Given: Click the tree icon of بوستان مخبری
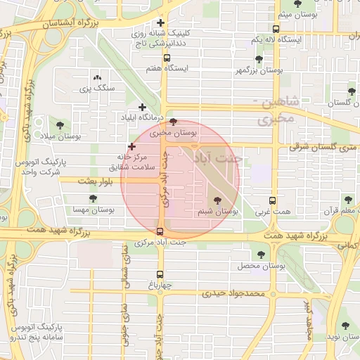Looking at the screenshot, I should click(174, 122).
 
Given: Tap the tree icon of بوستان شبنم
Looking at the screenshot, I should click(226, 201).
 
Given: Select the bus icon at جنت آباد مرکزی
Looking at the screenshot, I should click(160, 231).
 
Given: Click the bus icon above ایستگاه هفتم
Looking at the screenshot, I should click(167, 58).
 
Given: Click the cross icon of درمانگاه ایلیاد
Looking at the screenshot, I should click(143, 108).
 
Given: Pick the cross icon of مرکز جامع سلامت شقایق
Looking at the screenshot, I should click(131, 146).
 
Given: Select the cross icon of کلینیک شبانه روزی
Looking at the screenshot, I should click(161, 22).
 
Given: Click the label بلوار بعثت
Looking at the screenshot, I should click(81, 181).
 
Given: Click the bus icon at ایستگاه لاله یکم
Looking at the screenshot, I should click(275, 30).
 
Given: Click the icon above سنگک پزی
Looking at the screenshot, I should click(97, 78).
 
